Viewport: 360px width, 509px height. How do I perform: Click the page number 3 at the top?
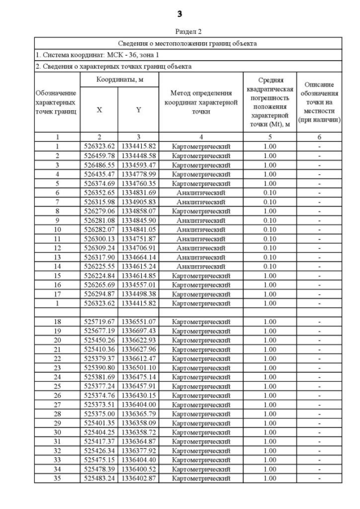[x=179, y=13]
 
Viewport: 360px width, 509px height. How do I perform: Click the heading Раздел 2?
[x=179, y=31]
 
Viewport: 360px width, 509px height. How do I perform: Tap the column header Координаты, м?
[x=119, y=80]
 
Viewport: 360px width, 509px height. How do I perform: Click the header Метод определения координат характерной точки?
[x=201, y=102]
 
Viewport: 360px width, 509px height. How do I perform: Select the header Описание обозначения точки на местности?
[x=319, y=102]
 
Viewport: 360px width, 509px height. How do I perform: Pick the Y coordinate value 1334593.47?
[x=138, y=165]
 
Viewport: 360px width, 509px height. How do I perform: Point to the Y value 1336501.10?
[x=138, y=368]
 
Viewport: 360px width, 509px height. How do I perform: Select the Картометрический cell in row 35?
[x=201, y=478]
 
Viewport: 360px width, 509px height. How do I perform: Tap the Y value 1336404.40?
[x=138, y=460]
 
